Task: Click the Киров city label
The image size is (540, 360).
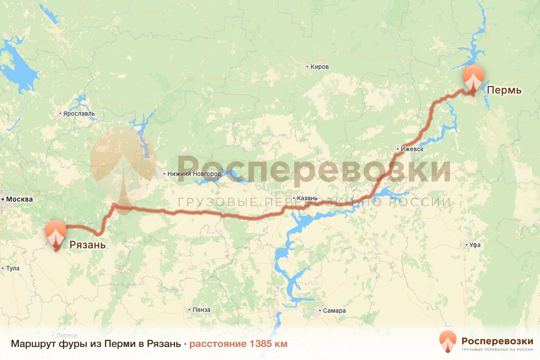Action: (319, 67)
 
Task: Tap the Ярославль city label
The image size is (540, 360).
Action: (79, 114)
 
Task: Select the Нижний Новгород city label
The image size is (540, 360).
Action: (194, 174)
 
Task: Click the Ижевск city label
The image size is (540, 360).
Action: (411, 149)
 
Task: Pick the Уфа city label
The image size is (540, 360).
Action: (475, 245)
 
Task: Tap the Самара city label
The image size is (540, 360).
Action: (335, 310)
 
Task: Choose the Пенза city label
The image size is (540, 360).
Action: (201, 310)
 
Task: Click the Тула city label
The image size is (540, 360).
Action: (13, 269)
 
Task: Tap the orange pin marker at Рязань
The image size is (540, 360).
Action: (56, 232)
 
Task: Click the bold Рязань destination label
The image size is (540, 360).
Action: (87, 245)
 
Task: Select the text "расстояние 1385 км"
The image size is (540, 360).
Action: (238, 344)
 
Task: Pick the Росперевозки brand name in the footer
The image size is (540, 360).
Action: (497, 340)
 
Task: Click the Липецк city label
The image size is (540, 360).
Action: (67, 335)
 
